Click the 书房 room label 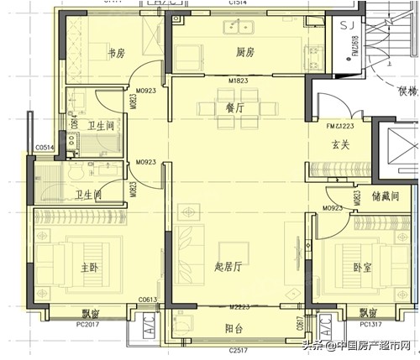pyautogui.click(x=116, y=52)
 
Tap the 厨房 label pyautogui.click(x=244, y=52)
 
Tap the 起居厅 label pyautogui.click(x=228, y=268)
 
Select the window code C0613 pyautogui.click(x=149, y=300)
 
